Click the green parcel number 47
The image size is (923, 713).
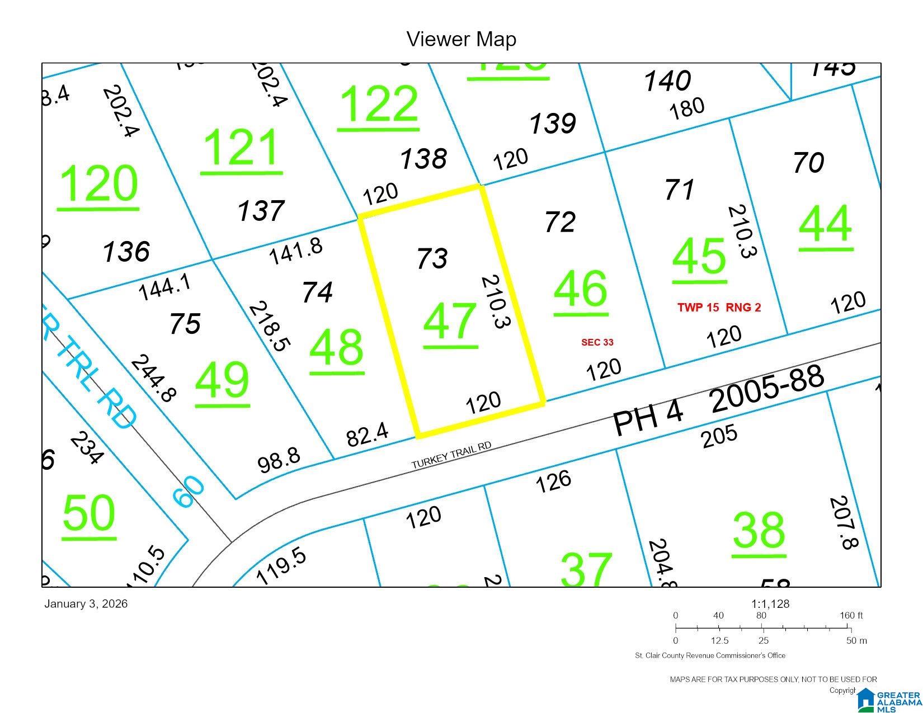[450, 322]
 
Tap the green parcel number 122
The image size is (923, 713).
[379, 104]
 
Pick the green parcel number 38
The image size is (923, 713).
[759, 531]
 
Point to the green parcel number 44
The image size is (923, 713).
[826, 223]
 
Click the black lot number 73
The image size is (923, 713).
[432, 258]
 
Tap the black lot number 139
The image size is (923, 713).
[552, 123]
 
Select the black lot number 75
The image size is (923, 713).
[185, 323]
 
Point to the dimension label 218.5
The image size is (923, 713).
[270, 327]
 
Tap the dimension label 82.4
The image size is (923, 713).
[368, 435]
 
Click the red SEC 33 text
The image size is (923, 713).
[597, 342]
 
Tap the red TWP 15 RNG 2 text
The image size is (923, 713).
[719, 307]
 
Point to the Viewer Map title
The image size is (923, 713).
[462, 39]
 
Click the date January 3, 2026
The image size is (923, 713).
[86, 604]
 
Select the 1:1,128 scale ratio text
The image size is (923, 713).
[770, 604]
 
